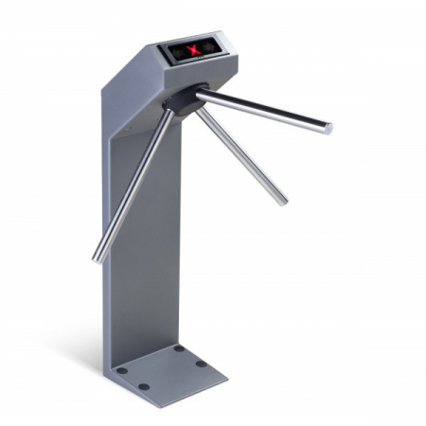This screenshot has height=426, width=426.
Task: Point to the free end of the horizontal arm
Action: [x=327, y=127]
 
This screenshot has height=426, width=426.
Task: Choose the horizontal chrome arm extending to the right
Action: [x=265, y=113]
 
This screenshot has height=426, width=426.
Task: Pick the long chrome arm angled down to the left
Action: [x=133, y=185]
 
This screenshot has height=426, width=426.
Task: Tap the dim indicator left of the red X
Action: [x=177, y=49]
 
